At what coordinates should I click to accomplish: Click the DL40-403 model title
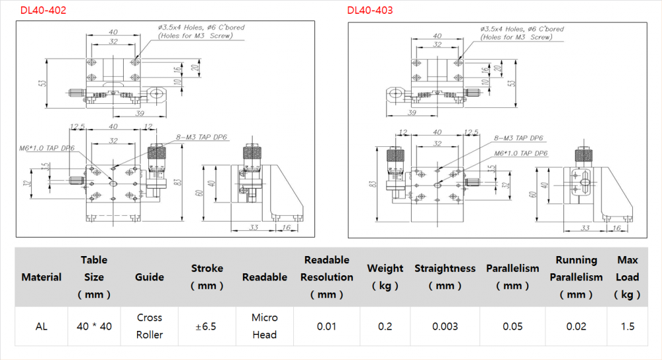pos(370,11)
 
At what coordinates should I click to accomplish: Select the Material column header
pos(41,277)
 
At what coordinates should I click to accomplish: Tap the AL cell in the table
pos(41,326)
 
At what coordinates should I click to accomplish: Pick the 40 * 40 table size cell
pos(94,326)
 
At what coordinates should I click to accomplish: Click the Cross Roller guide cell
pos(150,326)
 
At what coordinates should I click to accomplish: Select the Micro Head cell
pos(264,326)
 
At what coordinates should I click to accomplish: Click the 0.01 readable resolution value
pos(326,326)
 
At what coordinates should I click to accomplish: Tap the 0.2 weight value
pos(385,326)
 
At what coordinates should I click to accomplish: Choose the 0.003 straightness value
pos(445,326)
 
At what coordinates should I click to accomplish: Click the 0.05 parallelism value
pos(512,326)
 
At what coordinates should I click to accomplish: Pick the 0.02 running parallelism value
pos(576,326)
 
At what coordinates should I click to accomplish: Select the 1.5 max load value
pos(628,326)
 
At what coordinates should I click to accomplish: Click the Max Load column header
pos(628,277)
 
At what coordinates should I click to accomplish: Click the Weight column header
pos(385,277)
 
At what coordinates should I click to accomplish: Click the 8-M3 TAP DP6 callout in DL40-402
pos(202,138)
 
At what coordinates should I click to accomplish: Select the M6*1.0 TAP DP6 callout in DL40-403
pos(521,153)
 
